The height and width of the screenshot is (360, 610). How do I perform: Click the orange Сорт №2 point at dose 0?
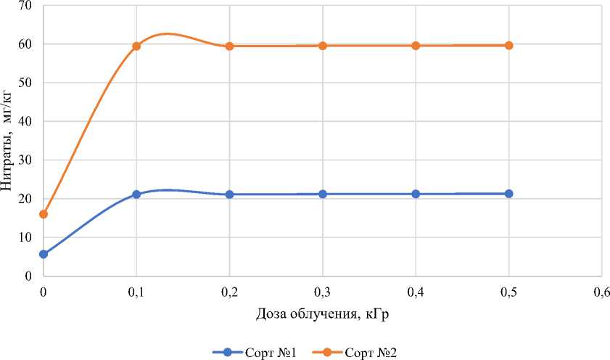(x=44, y=214)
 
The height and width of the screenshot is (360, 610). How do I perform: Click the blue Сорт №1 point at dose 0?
(x=44, y=254)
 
